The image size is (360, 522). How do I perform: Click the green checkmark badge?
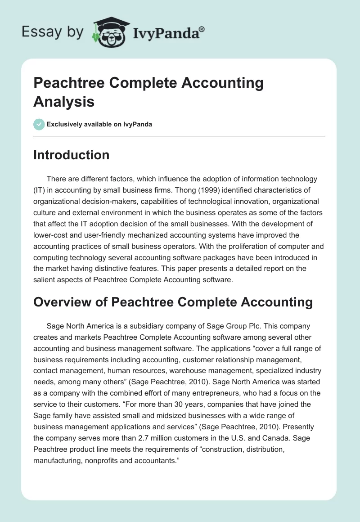click(x=39, y=124)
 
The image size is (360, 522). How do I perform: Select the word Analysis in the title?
click(x=64, y=102)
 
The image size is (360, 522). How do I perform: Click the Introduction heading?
click(x=72, y=155)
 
